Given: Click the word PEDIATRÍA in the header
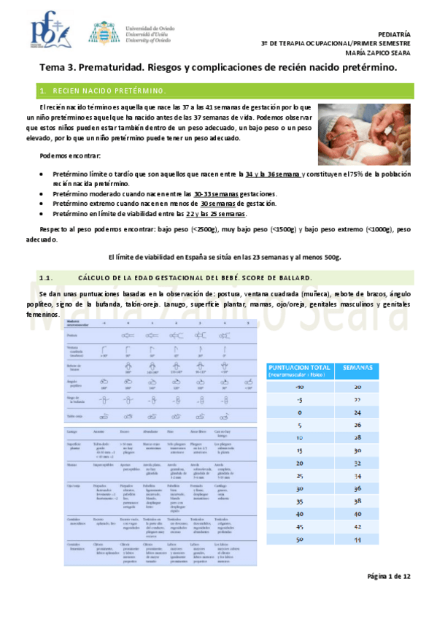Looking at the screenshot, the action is click(x=395, y=34).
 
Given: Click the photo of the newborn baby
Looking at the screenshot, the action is click(x=364, y=134).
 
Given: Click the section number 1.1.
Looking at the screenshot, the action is click(x=46, y=278).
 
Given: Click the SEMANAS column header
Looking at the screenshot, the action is click(x=357, y=367).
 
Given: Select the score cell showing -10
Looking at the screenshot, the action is click(x=279, y=387).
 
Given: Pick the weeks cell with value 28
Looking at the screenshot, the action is click(x=357, y=437).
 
